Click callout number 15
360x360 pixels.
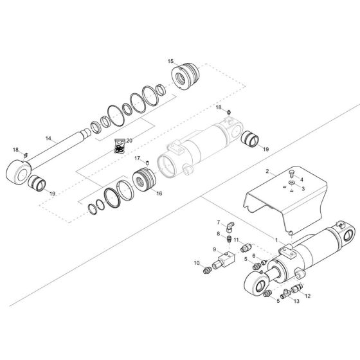point(170,61)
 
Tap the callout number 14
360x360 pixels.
point(48,138)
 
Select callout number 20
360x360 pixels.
point(129,140)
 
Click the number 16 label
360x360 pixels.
point(159,192)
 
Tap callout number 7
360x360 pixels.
point(217,222)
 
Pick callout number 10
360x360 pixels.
point(197,264)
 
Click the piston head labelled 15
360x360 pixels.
point(190,75)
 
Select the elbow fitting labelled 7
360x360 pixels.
point(230,225)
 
